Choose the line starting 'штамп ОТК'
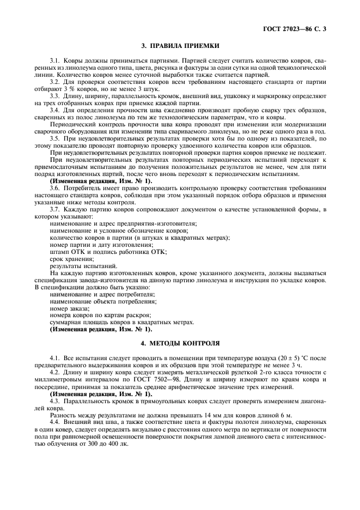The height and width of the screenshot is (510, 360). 108,252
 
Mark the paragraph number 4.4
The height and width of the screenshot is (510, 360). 56,422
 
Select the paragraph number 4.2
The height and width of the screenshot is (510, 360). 56,372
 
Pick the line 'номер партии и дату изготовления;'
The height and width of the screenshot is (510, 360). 101,245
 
